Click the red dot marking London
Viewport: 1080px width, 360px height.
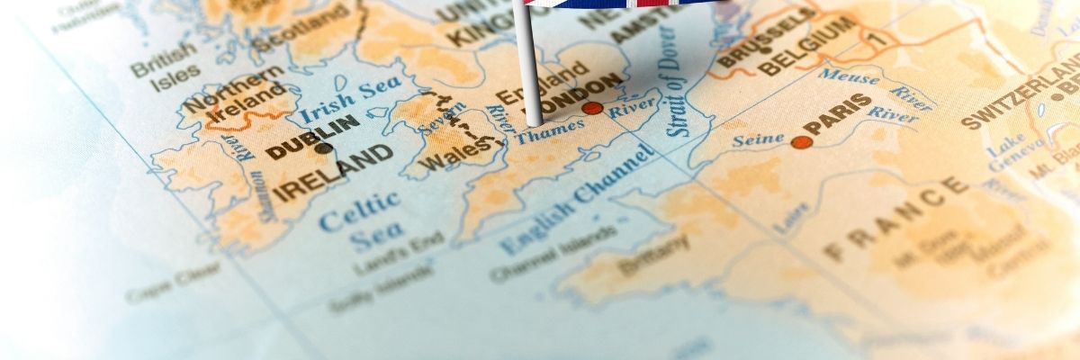(x=592, y=108)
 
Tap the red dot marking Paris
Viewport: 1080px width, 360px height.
(x=801, y=142)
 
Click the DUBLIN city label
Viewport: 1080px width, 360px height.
(x=314, y=136)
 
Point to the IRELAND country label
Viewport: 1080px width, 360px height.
(x=333, y=175)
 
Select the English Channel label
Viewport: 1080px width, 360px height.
(x=576, y=199)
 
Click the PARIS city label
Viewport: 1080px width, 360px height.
(x=838, y=115)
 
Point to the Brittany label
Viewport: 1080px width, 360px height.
(x=653, y=255)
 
